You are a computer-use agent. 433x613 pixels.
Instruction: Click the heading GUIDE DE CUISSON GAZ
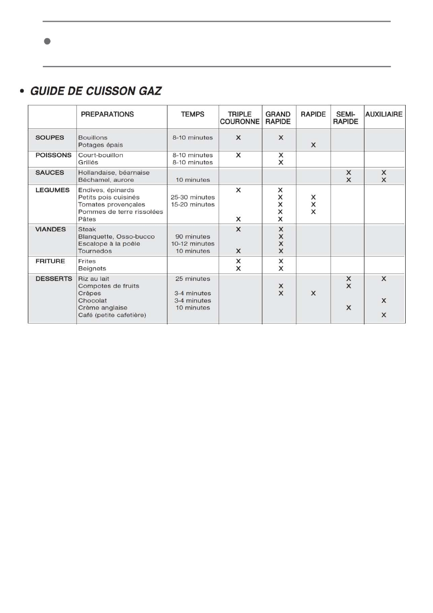[96, 91]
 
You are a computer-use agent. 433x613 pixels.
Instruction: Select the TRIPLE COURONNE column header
[240, 117]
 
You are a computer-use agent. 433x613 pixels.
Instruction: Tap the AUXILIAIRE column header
[384, 114]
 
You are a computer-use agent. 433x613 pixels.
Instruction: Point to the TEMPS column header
[193, 114]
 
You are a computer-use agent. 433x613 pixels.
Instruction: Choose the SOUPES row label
[49, 138]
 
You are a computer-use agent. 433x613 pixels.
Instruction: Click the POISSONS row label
[53, 155]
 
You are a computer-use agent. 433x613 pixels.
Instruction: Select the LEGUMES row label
[52, 190]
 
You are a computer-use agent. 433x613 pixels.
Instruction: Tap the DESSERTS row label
[54, 278]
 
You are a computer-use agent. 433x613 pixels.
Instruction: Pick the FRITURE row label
[50, 261]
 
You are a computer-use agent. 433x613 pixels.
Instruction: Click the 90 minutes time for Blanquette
[193, 236]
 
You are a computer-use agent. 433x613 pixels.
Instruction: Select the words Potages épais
[101, 145]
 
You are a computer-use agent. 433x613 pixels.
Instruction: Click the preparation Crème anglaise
[103, 308]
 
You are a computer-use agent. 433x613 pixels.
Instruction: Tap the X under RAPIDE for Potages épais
[313, 145]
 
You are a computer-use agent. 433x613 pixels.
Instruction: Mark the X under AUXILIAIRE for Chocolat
[384, 300]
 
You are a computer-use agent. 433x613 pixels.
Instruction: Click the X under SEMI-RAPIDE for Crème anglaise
[348, 308]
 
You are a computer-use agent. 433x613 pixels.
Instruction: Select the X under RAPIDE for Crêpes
[313, 293]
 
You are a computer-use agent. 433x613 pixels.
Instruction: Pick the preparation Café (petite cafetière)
[112, 315]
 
